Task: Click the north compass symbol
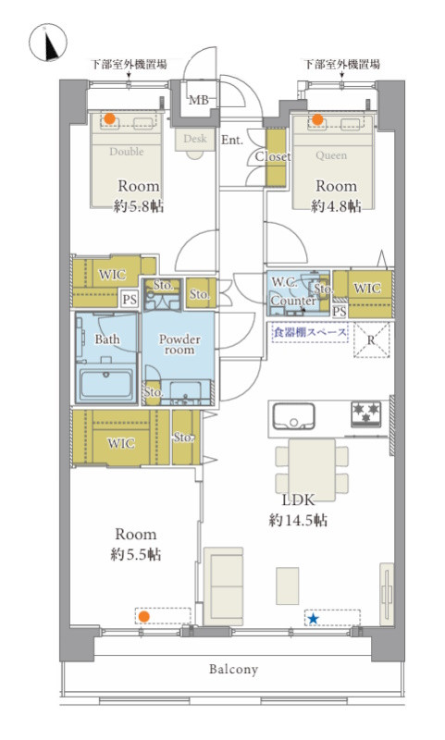[x=48, y=42]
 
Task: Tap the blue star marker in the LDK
[x=313, y=618]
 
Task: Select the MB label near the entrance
[x=199, y=100]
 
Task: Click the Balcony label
[x=233, y=669]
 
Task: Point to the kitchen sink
[x=293, y=415]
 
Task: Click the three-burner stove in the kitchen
[x=365, y=413]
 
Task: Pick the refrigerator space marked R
[x=372, y=340]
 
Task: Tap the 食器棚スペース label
[x=310, y=332]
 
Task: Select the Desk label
[x=195, y=139]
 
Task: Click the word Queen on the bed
[x=331, y=155]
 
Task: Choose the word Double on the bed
[x=127, y=152]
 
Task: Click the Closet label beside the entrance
[x=273, y=156]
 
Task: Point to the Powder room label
[x=179, y=344]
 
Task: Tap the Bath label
[x=107, y=339]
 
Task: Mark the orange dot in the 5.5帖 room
[x=144, y=616]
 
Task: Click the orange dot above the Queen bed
[x=317, y=120]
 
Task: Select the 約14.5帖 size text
[x=298, y=520]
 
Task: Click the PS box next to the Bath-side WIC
[x=130, y=300]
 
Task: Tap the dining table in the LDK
[x=312, y=470]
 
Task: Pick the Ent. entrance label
[x=232, y=140]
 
